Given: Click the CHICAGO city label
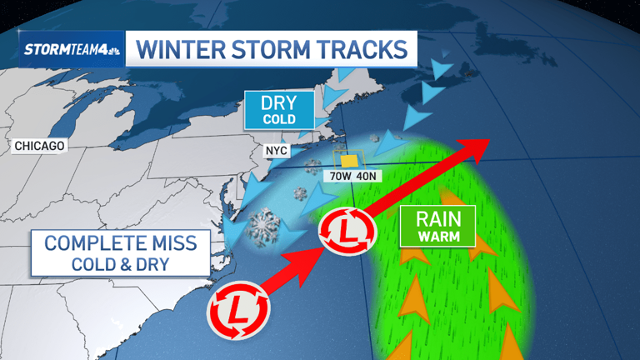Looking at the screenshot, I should pyautogui.click(x=40, y=146).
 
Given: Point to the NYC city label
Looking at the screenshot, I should pyautogui.click(x=277, y=151).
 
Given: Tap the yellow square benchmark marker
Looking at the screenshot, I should pyautogui.click(x=350, y=161).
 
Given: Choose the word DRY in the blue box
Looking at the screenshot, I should pyautogui.click(x=279, y=103).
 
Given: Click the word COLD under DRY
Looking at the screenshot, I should pyautogui.click(x=279, y=119).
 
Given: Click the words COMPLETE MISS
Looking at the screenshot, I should pyautogui.click(x=121, y=243).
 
